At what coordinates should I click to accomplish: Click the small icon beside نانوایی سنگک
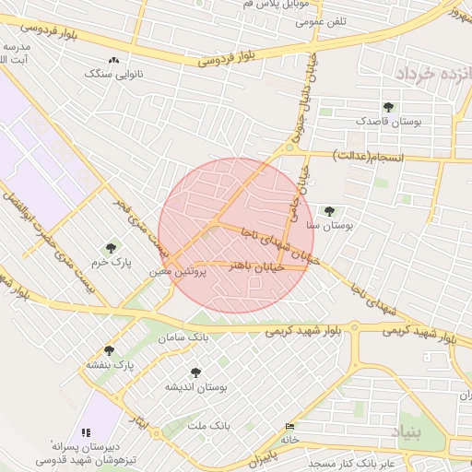pyautogui.click(x=113, y=60)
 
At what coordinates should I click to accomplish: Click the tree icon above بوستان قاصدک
pyautogui.click(x=388, y=107)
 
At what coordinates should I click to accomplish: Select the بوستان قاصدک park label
pyautogui.click(x=389, y=121)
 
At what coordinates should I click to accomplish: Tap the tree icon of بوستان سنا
pyautogui.click(x=329, y=211)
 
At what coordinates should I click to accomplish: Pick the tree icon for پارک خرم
pyautogui.click(x=111, y=248)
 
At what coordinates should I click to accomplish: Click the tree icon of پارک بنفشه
pyautogui.click(x=110, y=350)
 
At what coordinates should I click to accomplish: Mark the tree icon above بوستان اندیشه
pyautogui.click(x=195, y=372)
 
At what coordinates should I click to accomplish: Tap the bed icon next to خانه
pyautogui.click(x=291, y=427)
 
